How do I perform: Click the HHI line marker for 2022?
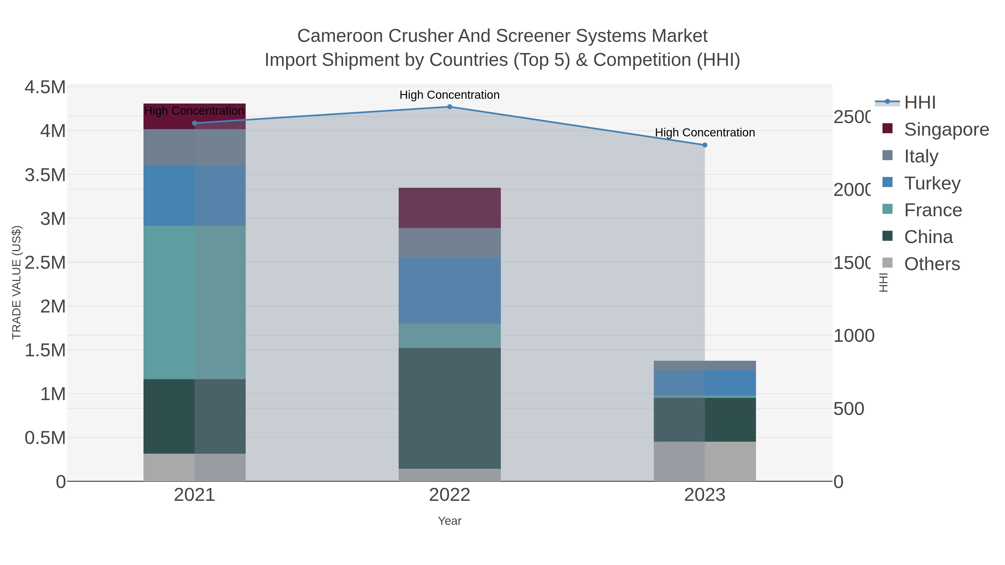pyautogui.click(x=449, y=107)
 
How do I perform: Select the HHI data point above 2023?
pyautogui.click(x=705, y=145)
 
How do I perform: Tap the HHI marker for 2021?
pyautogui.click(x=195, y=123)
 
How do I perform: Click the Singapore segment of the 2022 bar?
pyautogui.click(x=449, y=208)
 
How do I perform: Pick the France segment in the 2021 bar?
pyautogui.click(x=195, y=302)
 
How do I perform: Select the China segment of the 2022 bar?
pyautogui.click(x=449, y=408)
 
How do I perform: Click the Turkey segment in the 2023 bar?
pyautogui.click(x=705, y=383)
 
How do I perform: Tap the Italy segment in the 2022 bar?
pyautogui.click(x=449, y=243)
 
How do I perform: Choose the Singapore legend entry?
pyautogui.click(x=946, y=129)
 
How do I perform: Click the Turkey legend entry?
pyautogui.click(x=932, y=183)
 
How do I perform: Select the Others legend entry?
pyautogui.click(x=932, y=264)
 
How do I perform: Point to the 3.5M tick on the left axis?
pyautogui.click(x=45, y=175)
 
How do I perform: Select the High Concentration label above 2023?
pyautogui.click(x=705, y=133)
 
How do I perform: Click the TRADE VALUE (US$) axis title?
pyautogui.click(x=16, y=282)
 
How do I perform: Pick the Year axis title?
pyautogui.click(x=449, y=521)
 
